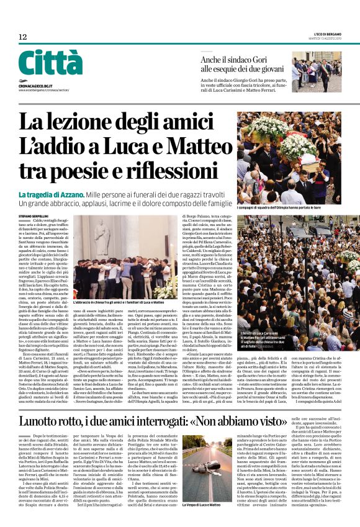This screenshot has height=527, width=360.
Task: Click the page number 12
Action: click(x=23, y=37)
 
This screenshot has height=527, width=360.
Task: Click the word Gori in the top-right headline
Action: click(x=264, y=59)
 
